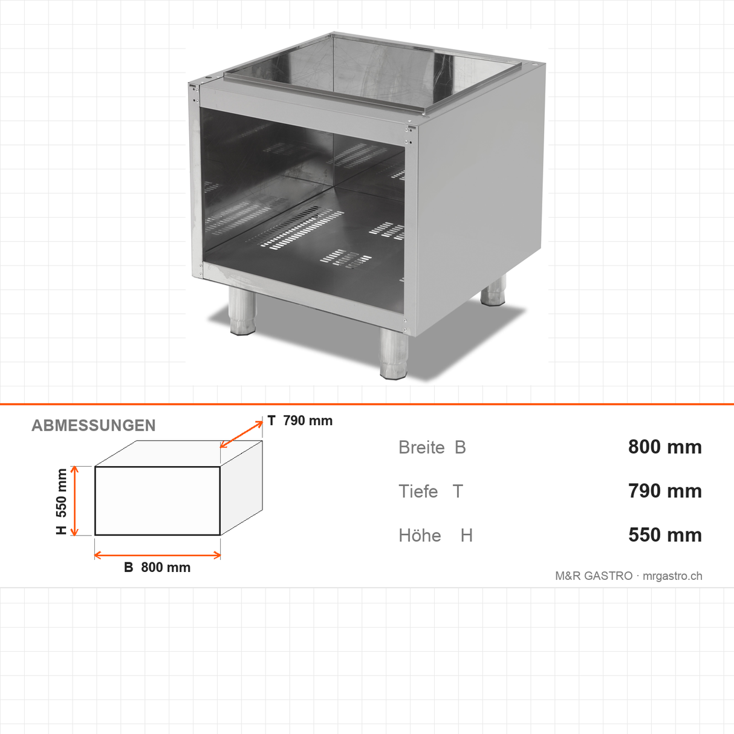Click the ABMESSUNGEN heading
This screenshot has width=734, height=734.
point(93,426)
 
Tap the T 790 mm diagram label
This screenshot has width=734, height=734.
point(300,421)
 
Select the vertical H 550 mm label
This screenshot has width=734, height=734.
point(61,501)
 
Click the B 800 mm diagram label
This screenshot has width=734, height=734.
point(157,567)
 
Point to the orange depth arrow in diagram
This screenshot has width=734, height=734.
point(241,434)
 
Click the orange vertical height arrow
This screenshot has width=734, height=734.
point(74,501)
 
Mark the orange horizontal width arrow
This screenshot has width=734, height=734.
point(157,555)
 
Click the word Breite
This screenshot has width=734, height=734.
point(421,447)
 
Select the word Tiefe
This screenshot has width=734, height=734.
point(418,492)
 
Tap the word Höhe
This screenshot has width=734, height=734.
point(420,535)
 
